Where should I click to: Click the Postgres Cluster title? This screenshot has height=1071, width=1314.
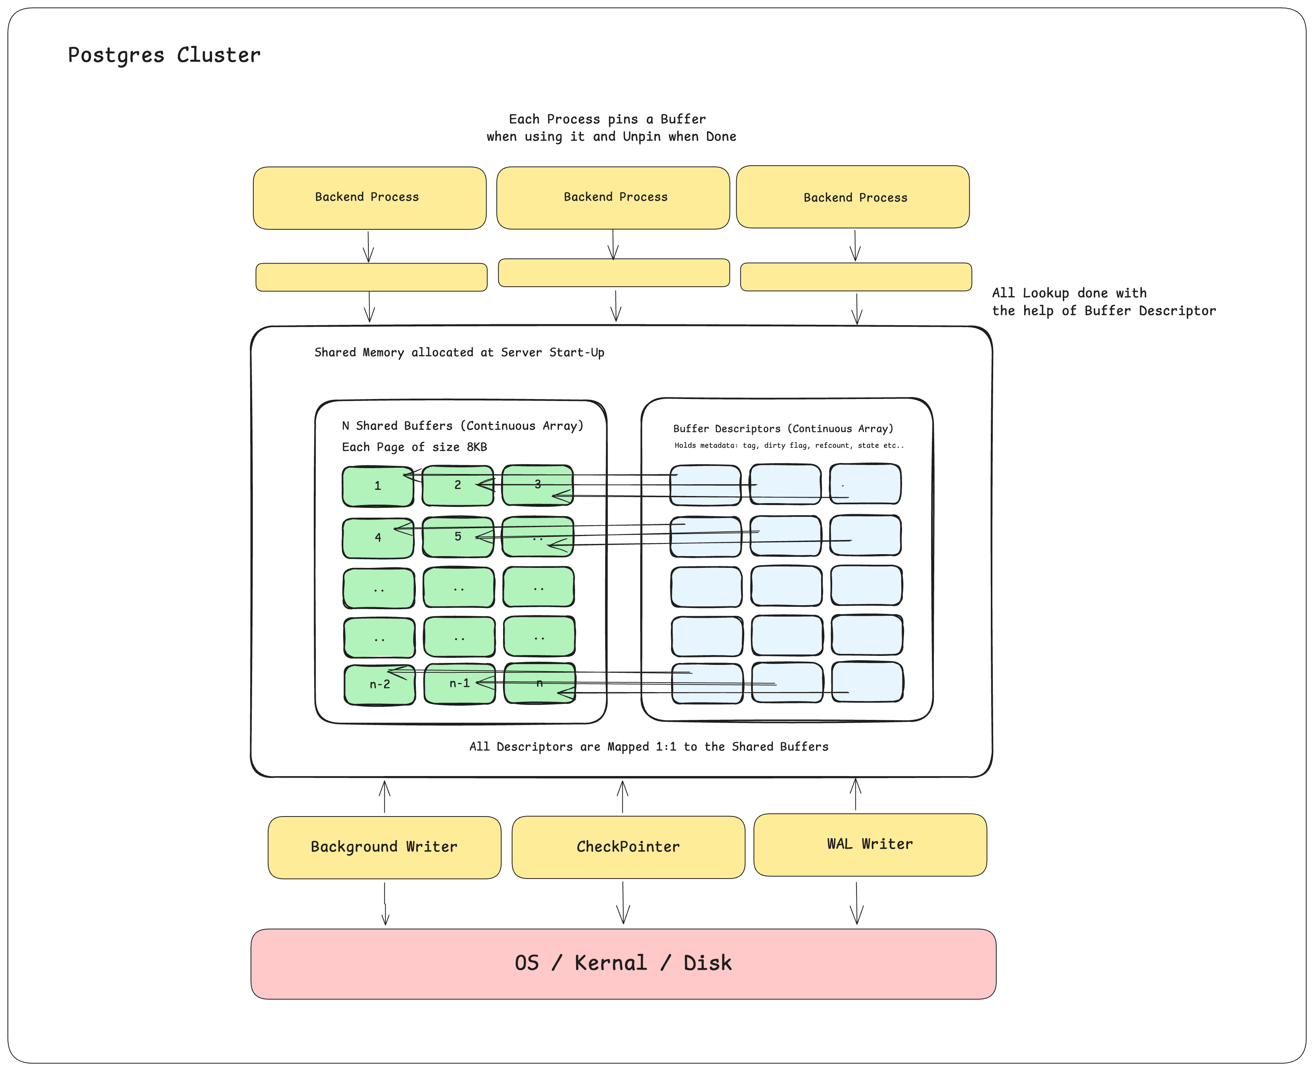pos(164,55)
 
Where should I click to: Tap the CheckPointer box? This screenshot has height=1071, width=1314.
pos(628,847)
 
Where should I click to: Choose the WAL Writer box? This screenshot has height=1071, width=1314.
pos(870,844)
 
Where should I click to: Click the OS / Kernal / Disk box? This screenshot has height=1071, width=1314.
pos(623,964)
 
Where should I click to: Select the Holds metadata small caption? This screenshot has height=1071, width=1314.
pos(789,445)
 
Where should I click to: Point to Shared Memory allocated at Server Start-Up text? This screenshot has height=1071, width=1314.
pos(459,352)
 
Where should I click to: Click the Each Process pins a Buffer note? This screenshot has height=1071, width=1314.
pos(611,128)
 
